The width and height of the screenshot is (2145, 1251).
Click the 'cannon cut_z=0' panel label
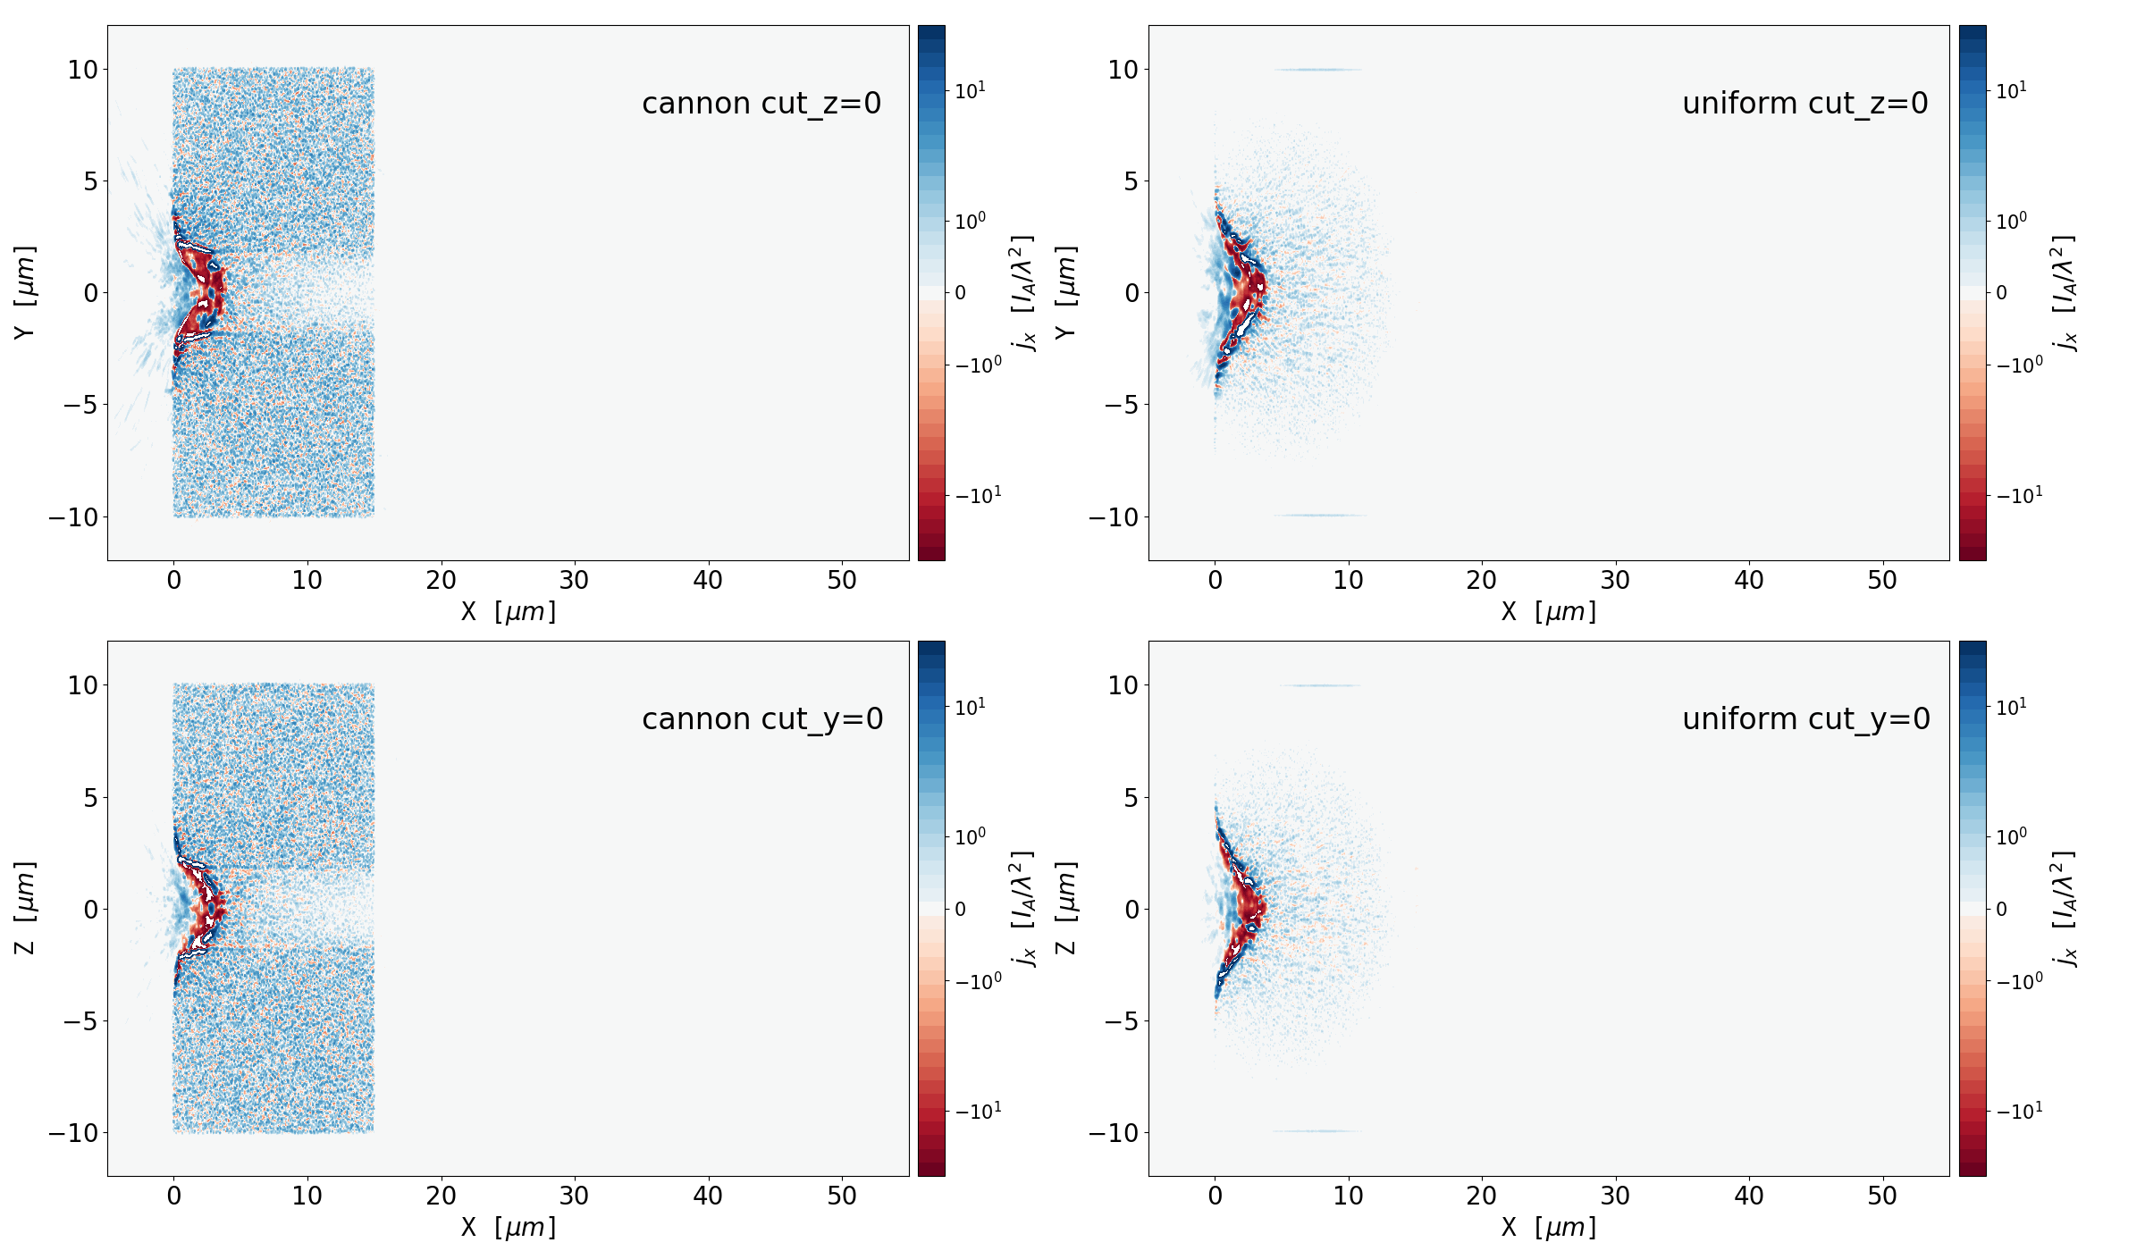pyautogui.click(x=761, y=104)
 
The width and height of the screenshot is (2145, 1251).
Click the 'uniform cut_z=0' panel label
pyautogui.click(x=1804, y=104)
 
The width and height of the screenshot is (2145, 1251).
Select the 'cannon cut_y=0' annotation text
pyautogui.click(x=762, y=719)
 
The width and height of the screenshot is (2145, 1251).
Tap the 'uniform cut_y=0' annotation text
pyautogui.click(x=1805, y=719)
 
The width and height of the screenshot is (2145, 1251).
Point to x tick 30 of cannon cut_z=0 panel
pyautogui.click(x=574, y=581)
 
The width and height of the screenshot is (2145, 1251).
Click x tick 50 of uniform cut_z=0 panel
pyautogui.click(x=1882, y=581)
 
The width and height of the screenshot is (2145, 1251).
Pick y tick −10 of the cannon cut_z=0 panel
pyautogui.click(x=78, y=517)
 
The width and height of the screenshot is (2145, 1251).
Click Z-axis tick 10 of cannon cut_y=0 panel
pyautogui.click(x=82, y=685)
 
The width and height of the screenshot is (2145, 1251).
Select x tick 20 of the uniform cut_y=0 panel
pyautogui.click(x=1481, y=1196)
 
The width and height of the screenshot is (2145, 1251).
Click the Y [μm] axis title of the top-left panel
pyautogui.click(x=25, y=292)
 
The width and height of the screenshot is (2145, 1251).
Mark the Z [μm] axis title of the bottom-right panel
pyautogui.click(x=1065, y=908)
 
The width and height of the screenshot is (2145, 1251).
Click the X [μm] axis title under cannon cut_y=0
pyautogui.click(x=508, y=1228)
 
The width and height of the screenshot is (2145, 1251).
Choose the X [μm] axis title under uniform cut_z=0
pyautogui.click(x=1548, y=612)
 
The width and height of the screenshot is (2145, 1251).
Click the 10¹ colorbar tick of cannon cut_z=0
pyautogui.click(x=970, y=91)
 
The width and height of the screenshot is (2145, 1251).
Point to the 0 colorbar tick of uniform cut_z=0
pyautogui.click(x=2001, y=293)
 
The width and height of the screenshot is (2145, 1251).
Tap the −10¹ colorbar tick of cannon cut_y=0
pyautogui.click(x=978, y=1112)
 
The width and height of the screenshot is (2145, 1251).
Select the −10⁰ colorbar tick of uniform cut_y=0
pyautogui.click(x=2019, y=981)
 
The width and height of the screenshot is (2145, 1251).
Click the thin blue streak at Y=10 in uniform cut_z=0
pyautogui.click(x=1318, y=70)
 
